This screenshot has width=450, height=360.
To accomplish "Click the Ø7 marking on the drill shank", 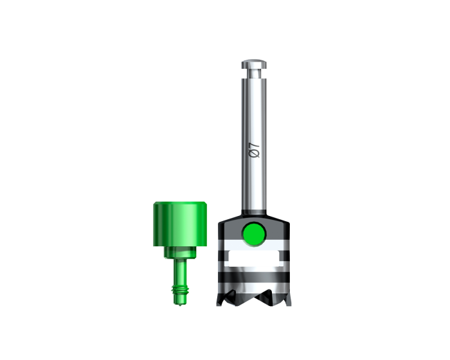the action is click(255, 150).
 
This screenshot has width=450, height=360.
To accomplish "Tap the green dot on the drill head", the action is click(254, 234).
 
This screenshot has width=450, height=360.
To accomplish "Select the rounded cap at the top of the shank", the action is click(254, 64).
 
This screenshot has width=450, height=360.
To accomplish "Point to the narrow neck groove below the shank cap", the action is click(254, 73).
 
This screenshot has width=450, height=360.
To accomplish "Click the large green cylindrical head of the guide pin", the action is click(180, 224).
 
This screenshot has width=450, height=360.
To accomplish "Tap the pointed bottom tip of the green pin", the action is click(180, 304).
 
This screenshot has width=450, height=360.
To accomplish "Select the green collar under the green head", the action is click(180, 252).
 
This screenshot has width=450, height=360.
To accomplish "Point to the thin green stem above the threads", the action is click(180, 271).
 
